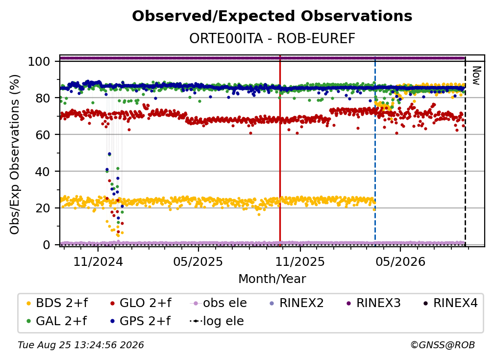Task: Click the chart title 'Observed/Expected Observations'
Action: pos(272,16)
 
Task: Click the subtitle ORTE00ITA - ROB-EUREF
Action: pos(272,38)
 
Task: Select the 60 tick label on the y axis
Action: pos(43,135)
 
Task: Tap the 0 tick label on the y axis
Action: pos(46,245)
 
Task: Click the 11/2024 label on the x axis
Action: pos(98,261)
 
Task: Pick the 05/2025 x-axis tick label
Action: pos(198,261)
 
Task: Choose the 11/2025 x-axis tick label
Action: pos(300,261)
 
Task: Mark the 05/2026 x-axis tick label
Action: pos(400,261)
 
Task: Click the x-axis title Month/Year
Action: pos(272,279)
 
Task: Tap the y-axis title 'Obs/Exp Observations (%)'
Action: pos(15,154)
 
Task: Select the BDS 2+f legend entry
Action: pos(57,303)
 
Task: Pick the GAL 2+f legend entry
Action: pos(57,321)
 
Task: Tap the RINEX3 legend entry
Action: pos(373,303)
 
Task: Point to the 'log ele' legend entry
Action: pos(217,321)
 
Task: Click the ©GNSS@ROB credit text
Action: pos(443,345)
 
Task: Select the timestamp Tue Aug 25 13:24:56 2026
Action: pos(81,345)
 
